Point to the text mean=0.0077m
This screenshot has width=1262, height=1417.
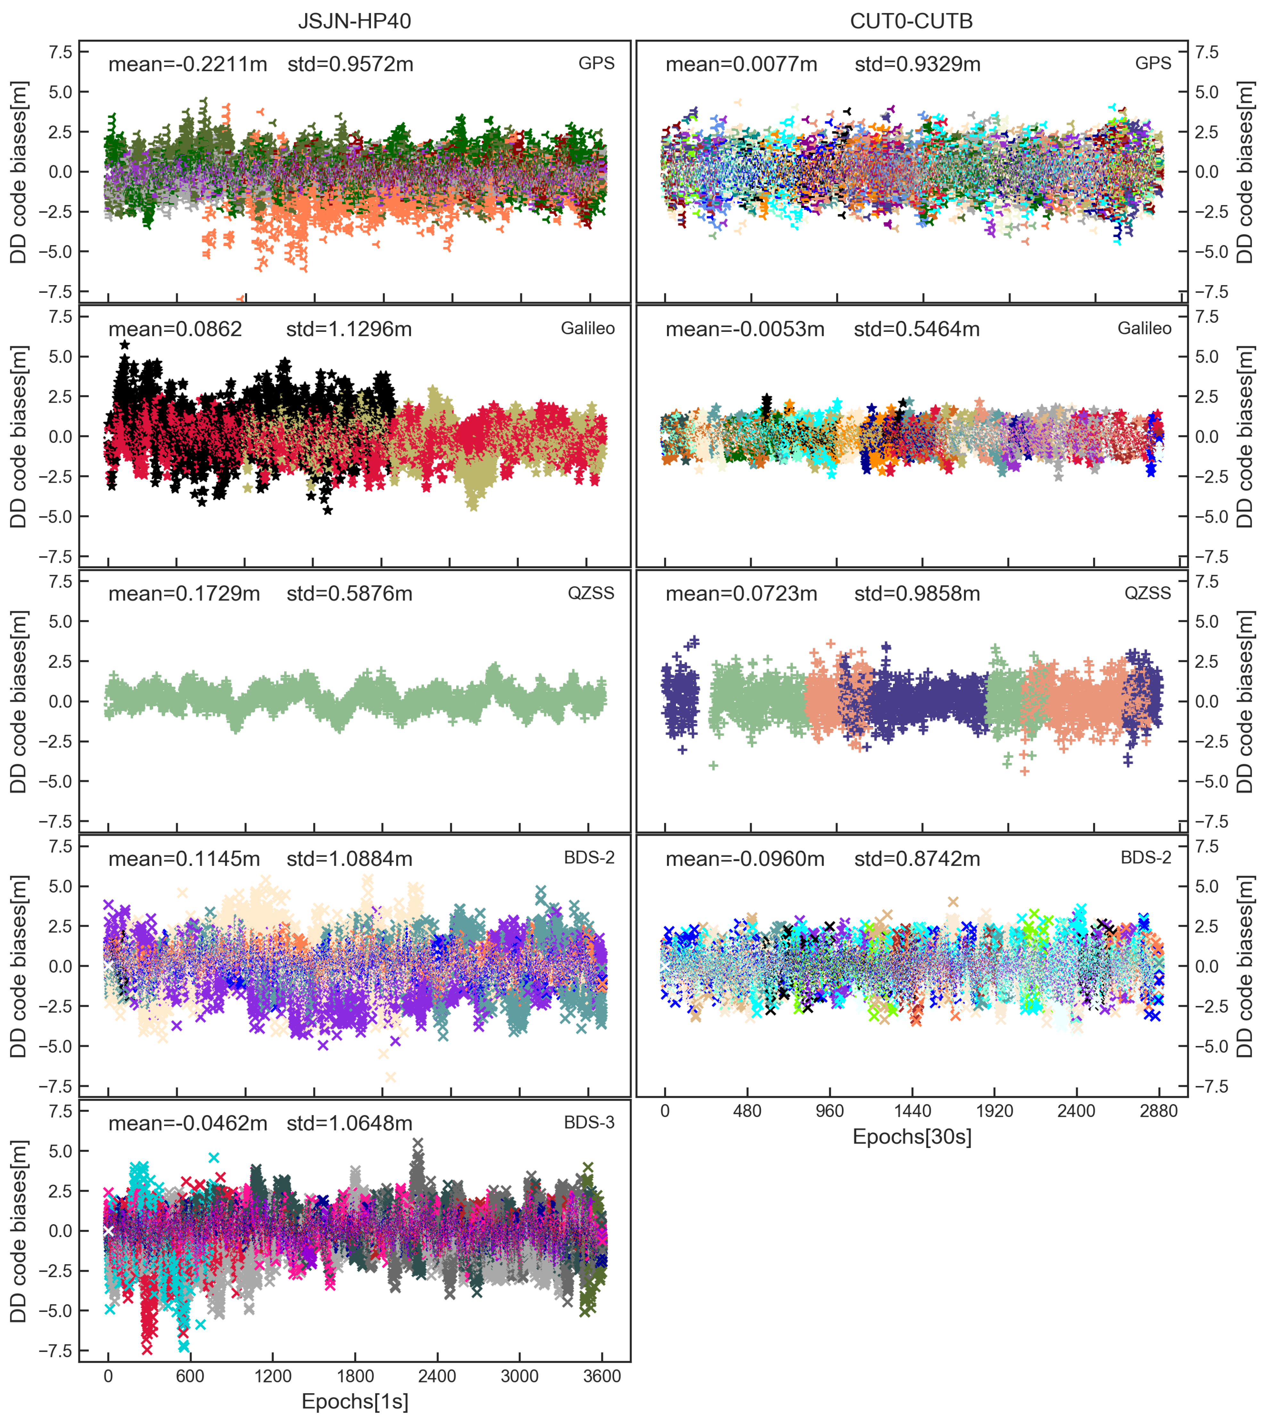741,64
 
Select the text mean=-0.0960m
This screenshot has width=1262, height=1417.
745,859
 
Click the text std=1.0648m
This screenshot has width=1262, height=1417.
350,1123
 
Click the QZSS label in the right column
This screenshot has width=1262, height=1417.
1148,593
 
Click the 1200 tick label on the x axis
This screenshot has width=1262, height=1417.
273,1376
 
